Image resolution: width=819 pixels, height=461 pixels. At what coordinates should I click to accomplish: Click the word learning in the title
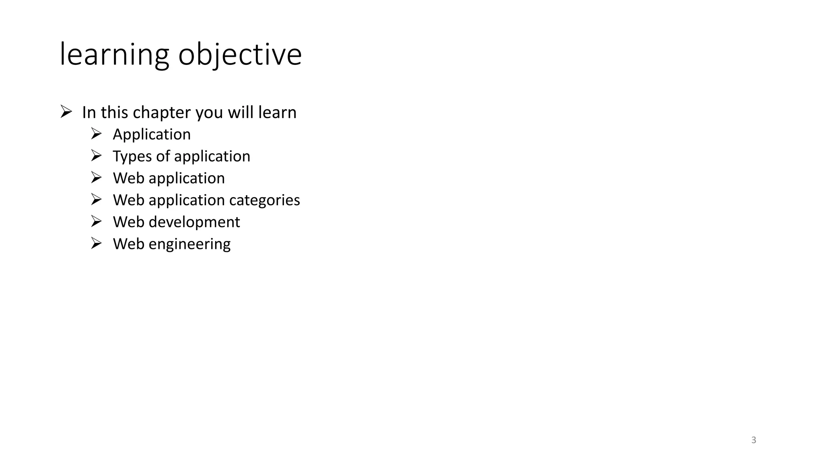click(114, 54)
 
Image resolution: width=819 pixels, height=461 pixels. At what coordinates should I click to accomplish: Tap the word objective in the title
click(240, 54)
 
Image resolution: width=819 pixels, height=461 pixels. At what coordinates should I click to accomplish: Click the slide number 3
click(753, 440)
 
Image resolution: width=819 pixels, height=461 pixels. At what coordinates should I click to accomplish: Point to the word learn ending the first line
click(277, 112)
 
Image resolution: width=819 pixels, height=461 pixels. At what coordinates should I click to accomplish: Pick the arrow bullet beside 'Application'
click(96, 133)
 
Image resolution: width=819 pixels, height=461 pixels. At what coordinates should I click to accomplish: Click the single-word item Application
click(152, 134)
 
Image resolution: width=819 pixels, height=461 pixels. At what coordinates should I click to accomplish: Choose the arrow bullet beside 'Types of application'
click(96, 155)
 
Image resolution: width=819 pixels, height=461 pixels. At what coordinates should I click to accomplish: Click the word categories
click(264, 200)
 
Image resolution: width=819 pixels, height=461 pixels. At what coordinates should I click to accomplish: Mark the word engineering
click(189, 244)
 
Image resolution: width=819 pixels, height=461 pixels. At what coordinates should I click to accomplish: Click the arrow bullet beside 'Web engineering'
click(96, 243)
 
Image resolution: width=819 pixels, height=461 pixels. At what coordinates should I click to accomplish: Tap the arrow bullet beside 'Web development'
click(96, 221)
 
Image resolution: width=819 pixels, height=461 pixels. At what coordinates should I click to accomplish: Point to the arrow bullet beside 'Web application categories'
click(96, 199)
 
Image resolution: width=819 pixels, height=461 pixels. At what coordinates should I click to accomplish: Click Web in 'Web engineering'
click(128, 244)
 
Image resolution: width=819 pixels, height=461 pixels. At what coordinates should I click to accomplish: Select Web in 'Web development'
click(128, 222)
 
